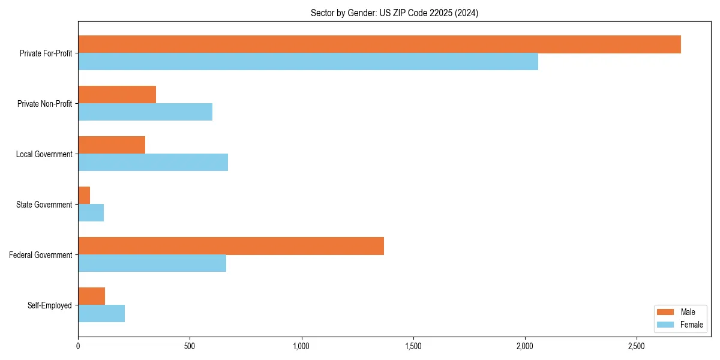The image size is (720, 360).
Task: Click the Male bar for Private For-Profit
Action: coord(379,44)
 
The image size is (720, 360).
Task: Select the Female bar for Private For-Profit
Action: coord(308,62)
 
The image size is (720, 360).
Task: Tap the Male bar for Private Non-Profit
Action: coord(117,95)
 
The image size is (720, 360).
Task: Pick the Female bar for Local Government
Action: coord(153,163)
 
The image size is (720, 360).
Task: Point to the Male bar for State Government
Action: coord(84,196)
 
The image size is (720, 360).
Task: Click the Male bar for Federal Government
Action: coord(231,246)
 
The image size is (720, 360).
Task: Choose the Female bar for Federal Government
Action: coord(152,263)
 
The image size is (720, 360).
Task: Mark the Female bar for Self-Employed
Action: coord(101,314)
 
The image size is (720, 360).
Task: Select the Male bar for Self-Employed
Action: coord(91,296)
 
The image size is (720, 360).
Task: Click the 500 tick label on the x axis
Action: coord(190,346)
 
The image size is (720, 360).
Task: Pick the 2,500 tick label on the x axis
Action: coord(637,346)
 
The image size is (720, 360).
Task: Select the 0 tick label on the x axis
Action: coord(78,346)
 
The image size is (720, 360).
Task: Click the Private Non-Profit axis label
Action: coord(44,104)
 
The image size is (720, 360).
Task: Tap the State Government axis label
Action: coord(44,205)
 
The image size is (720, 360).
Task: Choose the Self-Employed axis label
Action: coord(49,305)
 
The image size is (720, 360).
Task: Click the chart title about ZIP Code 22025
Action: coord(394,13)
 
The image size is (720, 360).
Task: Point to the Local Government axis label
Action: coord(44,154)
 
